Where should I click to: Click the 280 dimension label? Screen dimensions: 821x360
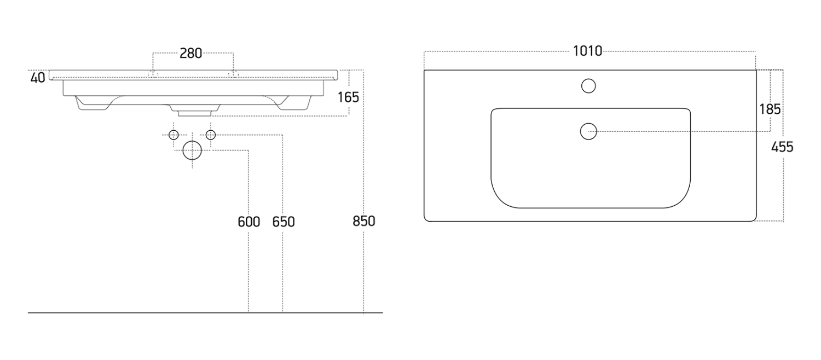190,54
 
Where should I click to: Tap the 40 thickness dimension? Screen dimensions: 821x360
38,78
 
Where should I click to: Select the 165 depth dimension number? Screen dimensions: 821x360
348,97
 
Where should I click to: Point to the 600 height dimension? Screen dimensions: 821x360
249,222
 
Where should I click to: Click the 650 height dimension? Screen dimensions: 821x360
284,222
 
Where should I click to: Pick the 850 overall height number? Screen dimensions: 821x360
364,221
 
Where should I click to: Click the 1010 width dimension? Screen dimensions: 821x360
587,51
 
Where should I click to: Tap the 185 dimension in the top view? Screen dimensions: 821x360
770,109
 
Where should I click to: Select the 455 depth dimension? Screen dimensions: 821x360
782,147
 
